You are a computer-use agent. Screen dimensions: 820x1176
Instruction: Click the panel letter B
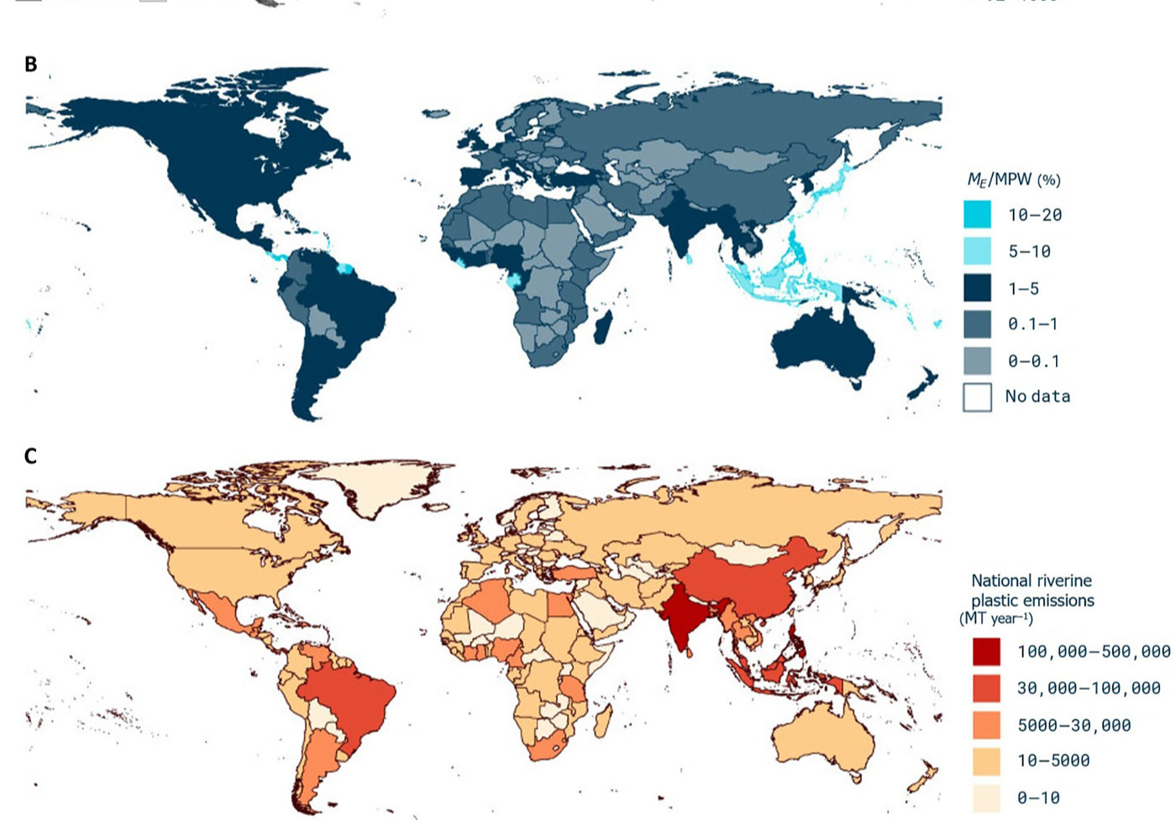[31, 65]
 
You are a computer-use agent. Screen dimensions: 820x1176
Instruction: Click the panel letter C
[31, 456]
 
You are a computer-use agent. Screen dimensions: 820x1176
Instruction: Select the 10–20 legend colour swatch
[977, 214]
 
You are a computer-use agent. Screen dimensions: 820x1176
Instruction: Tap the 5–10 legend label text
[1029, 251]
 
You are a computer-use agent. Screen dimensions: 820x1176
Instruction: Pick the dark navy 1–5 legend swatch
[977, 288]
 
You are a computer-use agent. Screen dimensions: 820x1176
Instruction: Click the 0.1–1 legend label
[1032, 324]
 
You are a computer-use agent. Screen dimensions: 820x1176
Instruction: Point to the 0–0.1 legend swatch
[977, 361]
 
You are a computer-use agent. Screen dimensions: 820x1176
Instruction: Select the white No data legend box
[977, 397]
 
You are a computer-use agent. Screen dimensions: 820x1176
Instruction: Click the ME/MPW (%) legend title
[1013, 180]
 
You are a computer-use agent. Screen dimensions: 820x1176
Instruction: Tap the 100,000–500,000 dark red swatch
[987, 652]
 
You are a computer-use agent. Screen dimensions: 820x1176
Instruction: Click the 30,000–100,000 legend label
[1088, 688]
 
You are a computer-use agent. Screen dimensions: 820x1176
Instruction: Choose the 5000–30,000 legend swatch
[987, 724]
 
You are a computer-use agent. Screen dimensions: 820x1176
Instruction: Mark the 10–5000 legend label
[1053, 761]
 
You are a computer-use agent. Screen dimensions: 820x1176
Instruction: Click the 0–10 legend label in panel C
[1038, 797]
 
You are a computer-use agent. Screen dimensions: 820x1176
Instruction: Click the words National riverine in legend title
[1031, 581]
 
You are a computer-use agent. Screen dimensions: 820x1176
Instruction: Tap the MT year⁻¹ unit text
[996, 619]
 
